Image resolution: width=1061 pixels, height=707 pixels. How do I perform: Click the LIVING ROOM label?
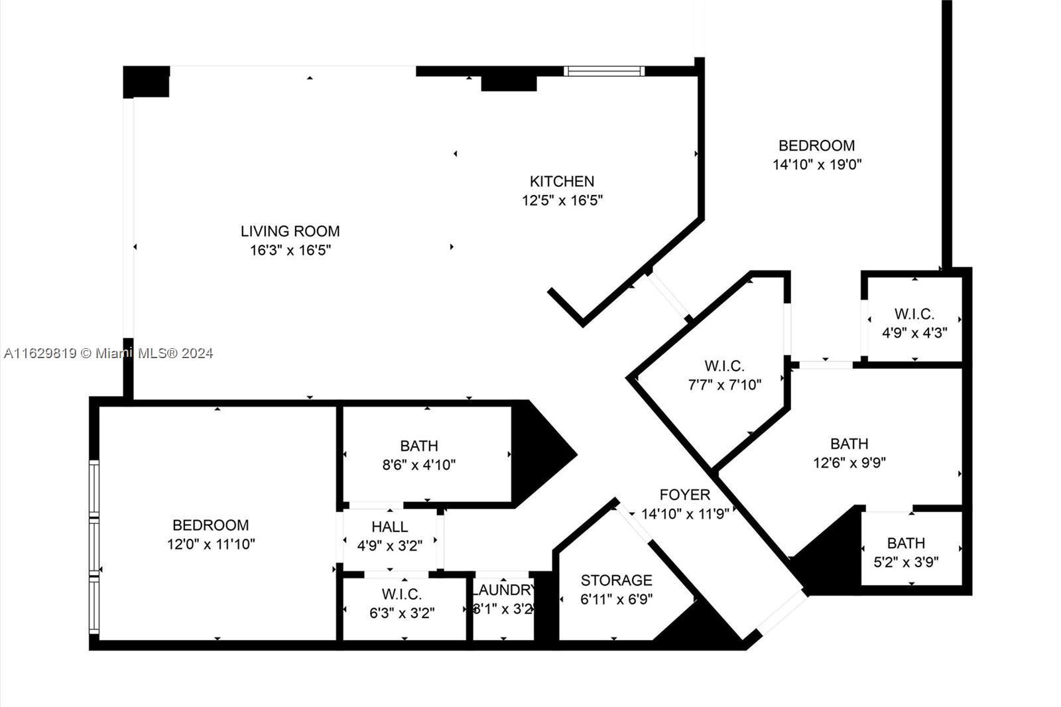tap(290, 231)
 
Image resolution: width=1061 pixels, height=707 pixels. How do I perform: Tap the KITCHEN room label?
tap(562, 182)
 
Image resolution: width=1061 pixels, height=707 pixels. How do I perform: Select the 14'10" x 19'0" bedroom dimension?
tap(816, 164)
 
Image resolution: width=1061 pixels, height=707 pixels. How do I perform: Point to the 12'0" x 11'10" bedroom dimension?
tap(211, 544)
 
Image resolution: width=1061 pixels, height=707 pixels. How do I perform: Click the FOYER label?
tap(684, 495)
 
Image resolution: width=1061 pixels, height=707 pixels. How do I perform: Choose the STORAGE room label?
tap(616, 580)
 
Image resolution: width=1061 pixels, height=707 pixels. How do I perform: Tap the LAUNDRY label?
tap(503, 590)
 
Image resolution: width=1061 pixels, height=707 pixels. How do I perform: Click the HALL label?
tap(389, 527)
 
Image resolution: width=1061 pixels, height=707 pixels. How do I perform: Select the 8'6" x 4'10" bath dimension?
tap(418, 465)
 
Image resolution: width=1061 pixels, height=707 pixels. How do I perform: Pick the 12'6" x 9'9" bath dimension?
tap(849, 462)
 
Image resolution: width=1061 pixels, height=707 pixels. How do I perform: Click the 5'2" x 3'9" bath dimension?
tap(906, 562)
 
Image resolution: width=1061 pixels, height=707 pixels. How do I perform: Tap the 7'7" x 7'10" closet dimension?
tap(724, 385)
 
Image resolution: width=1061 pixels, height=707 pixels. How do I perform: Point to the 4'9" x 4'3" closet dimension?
tap(914, 333)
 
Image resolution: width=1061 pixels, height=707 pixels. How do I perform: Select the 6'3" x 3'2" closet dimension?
tap(402, 613)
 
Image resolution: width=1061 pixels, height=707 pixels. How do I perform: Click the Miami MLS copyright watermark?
tap(109, 353)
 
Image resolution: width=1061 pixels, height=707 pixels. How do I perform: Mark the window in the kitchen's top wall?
tap(604, 71)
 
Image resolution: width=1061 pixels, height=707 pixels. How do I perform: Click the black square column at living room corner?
tap(146, 82)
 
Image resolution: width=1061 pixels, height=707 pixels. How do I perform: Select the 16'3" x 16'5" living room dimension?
tap(290, 250)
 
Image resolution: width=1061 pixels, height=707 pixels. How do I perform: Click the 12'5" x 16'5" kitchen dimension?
tap(562, 200)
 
